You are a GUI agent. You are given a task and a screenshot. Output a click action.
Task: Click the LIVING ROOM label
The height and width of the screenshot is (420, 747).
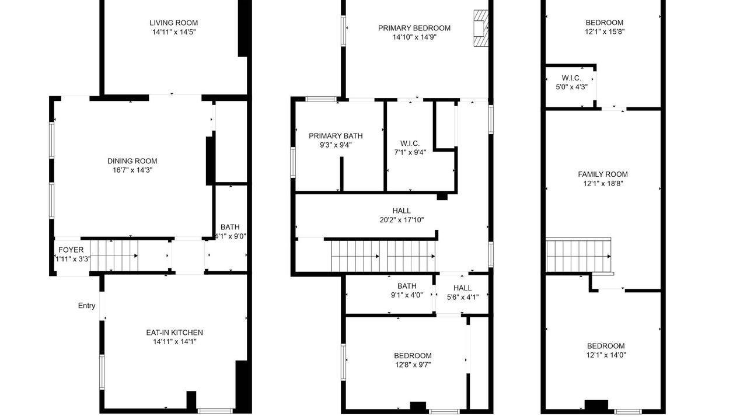tap(173, 23)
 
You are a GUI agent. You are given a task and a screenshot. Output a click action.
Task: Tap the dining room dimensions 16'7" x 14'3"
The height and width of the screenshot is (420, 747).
tap(132, 170)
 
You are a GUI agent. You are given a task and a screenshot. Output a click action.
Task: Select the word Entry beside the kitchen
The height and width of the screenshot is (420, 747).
tap(87, 306)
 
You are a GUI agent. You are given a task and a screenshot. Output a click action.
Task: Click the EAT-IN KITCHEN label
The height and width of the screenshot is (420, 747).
tap(174, 332)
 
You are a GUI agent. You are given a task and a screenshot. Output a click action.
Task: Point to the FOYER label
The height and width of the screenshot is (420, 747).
tap(71, 250)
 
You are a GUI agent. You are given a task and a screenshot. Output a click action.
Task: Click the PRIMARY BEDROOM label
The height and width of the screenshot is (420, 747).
tap(414, 29)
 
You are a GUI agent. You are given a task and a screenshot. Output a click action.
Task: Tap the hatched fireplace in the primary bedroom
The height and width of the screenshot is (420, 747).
tap(481, 28)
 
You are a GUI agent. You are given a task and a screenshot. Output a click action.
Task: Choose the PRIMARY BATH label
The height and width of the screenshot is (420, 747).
tap(336, 136)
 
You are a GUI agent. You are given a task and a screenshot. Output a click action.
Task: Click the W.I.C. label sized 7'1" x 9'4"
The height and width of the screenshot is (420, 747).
tap(410, 143)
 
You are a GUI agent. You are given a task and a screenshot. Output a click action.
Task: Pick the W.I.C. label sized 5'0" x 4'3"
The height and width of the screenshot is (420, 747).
tap(571, 78)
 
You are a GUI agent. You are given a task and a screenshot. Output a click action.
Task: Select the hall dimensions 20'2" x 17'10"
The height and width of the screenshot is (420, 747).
tap(402, 220)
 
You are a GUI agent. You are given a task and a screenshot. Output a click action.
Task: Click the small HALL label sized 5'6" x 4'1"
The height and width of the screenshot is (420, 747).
tap(463, 288)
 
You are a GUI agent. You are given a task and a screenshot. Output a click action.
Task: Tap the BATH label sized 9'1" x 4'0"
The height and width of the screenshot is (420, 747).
tap(407, 286)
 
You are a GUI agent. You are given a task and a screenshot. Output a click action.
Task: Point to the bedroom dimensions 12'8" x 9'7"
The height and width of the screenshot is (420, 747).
tap(413, 365)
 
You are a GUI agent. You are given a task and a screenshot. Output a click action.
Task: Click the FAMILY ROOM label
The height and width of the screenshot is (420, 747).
tap(603, 174)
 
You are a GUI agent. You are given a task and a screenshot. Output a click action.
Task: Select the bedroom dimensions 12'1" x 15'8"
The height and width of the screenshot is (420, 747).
tap(605, 32)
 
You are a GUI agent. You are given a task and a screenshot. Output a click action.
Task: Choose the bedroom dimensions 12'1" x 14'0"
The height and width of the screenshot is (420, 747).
tap(606, 355)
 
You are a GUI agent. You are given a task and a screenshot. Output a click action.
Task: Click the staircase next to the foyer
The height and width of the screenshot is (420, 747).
tap(114, 256)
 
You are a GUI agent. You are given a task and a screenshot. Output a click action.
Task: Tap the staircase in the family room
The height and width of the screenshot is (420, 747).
tap(578, 256)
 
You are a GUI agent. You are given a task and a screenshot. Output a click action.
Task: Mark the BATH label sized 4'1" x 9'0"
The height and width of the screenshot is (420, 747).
tap(230, 228)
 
